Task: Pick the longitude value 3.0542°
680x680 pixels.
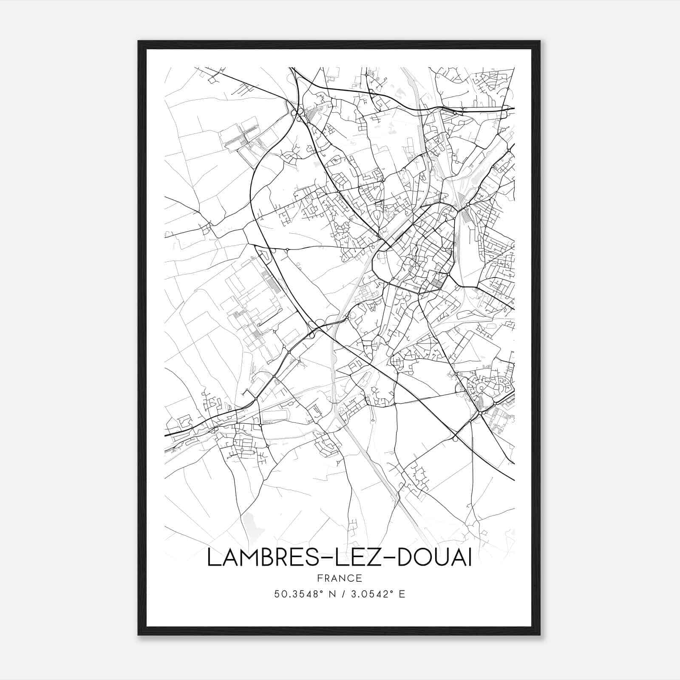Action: click(371, 594)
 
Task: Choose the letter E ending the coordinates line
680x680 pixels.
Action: click(401, 594)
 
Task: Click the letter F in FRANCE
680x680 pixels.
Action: click(319, 578)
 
